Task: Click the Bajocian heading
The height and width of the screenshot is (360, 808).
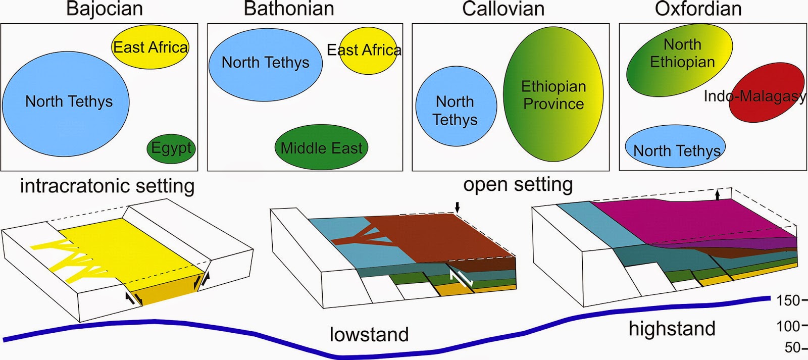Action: (105, 9)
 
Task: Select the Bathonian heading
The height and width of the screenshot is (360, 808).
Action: (289, 9)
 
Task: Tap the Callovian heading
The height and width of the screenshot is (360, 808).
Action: (503, 9)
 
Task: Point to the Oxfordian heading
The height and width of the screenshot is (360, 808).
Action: (698, 9)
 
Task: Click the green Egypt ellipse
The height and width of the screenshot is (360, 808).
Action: (171, 148)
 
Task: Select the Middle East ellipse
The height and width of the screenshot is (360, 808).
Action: (321, 147)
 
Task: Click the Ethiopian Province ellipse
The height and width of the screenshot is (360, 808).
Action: (553, 94)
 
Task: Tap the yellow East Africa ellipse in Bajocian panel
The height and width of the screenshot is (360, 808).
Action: (150, 47)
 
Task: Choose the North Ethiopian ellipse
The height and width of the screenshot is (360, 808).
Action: (679, 60)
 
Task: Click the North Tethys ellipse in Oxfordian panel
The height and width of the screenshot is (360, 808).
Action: (676, 147)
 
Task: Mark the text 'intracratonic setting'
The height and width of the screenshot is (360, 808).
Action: (107, 186)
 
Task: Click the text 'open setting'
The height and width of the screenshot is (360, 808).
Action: (518, 184)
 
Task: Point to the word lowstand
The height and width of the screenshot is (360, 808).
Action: (369, 334)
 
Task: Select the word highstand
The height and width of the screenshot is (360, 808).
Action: (672, 329)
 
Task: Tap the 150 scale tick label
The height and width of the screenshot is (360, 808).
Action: (788, 301)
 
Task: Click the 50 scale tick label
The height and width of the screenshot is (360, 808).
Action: (792, 347)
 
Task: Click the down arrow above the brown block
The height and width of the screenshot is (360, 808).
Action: (458, 207)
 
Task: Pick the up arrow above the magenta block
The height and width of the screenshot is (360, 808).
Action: (717, 194)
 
